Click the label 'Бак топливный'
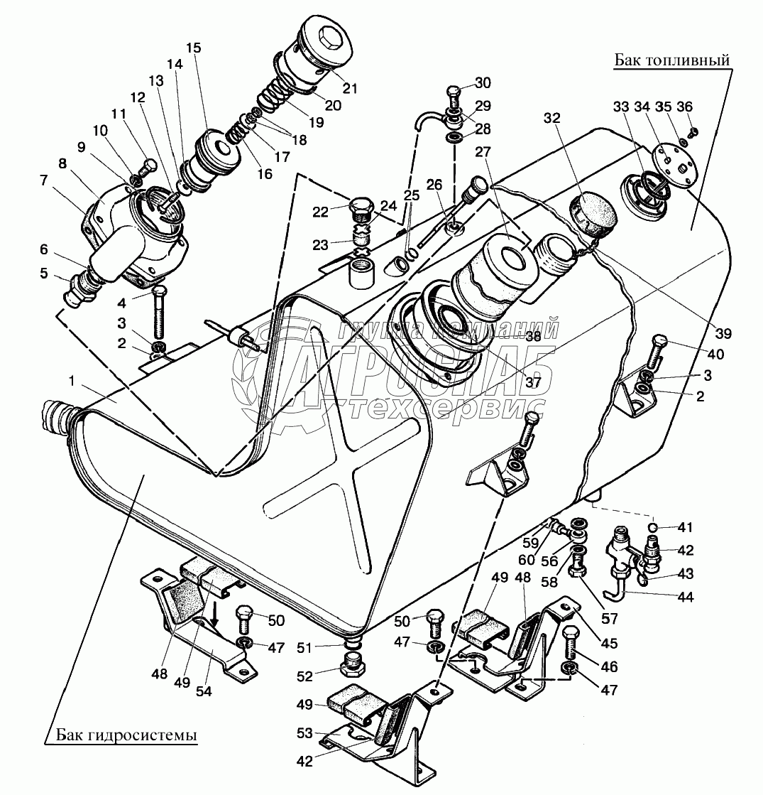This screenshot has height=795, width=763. click(672, 60)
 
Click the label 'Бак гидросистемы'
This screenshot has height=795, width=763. click(126, 734)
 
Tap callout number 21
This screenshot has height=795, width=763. click(350, 88)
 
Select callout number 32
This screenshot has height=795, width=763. click(551, 118)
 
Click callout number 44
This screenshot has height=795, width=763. click(685, 597)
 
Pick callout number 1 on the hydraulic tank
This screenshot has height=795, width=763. click(72, 381)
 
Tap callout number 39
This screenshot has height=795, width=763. click(723, 333)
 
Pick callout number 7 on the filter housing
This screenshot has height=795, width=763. click(43, 180)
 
